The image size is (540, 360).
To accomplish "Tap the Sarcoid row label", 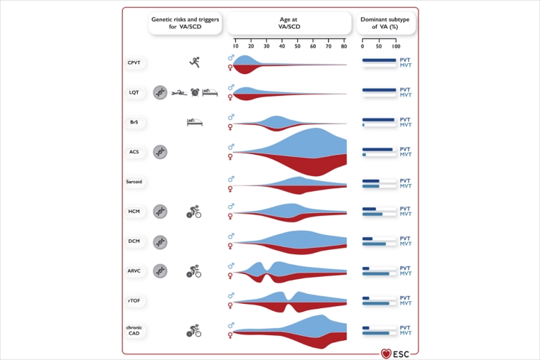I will [134, 182].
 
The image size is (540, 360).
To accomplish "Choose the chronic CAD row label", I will [134, 329].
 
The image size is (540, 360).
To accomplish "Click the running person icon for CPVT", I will [194, 63].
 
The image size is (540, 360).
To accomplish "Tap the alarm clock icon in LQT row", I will [195, 92].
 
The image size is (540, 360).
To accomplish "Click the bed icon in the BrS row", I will [194, 122].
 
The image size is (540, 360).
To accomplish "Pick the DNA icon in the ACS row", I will [161, 152].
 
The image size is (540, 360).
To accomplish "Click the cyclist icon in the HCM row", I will [193, 211].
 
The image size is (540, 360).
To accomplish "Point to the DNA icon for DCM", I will [161, 241].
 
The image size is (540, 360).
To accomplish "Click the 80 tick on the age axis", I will [345, 44].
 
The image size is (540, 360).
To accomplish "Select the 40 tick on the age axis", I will [283, 44].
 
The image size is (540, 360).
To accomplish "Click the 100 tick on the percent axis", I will [396, 44].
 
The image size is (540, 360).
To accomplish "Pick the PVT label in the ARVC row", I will [405, 268].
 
